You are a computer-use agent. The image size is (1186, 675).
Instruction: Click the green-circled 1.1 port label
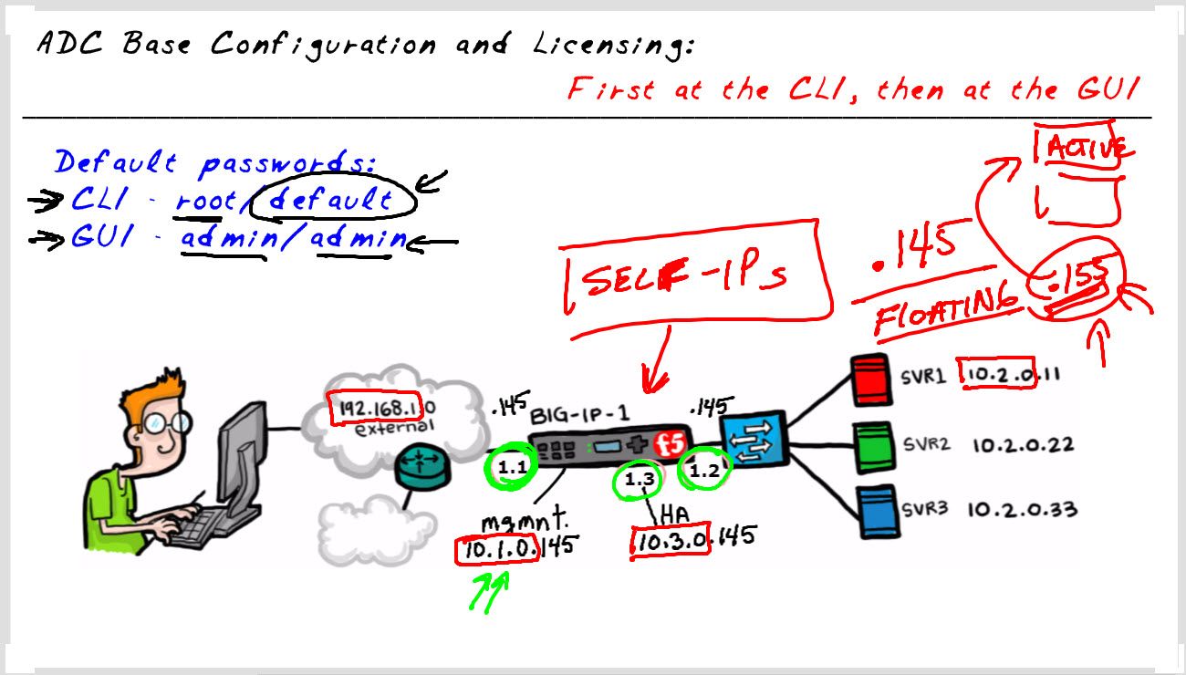[x=511, y=468]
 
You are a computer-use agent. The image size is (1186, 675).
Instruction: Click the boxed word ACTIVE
[x=1084, y=148]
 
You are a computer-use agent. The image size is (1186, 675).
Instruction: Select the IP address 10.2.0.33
[x=1022, y=509]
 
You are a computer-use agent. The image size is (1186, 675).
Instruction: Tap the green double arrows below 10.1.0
[x=488, y=592]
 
